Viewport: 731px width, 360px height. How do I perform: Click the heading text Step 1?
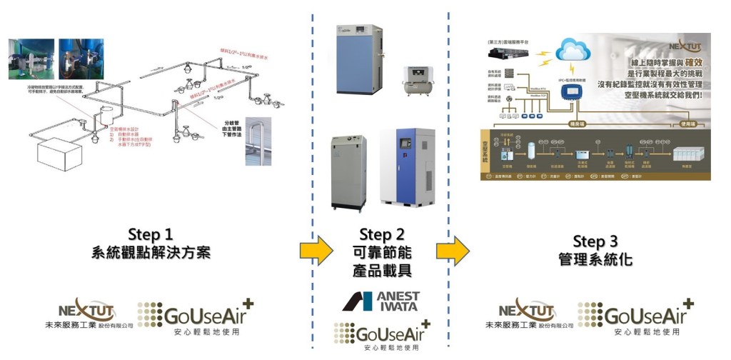[151, 234]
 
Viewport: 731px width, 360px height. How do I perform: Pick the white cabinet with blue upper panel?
[408, 169]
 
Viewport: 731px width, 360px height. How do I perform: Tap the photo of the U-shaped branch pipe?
[259, 141]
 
